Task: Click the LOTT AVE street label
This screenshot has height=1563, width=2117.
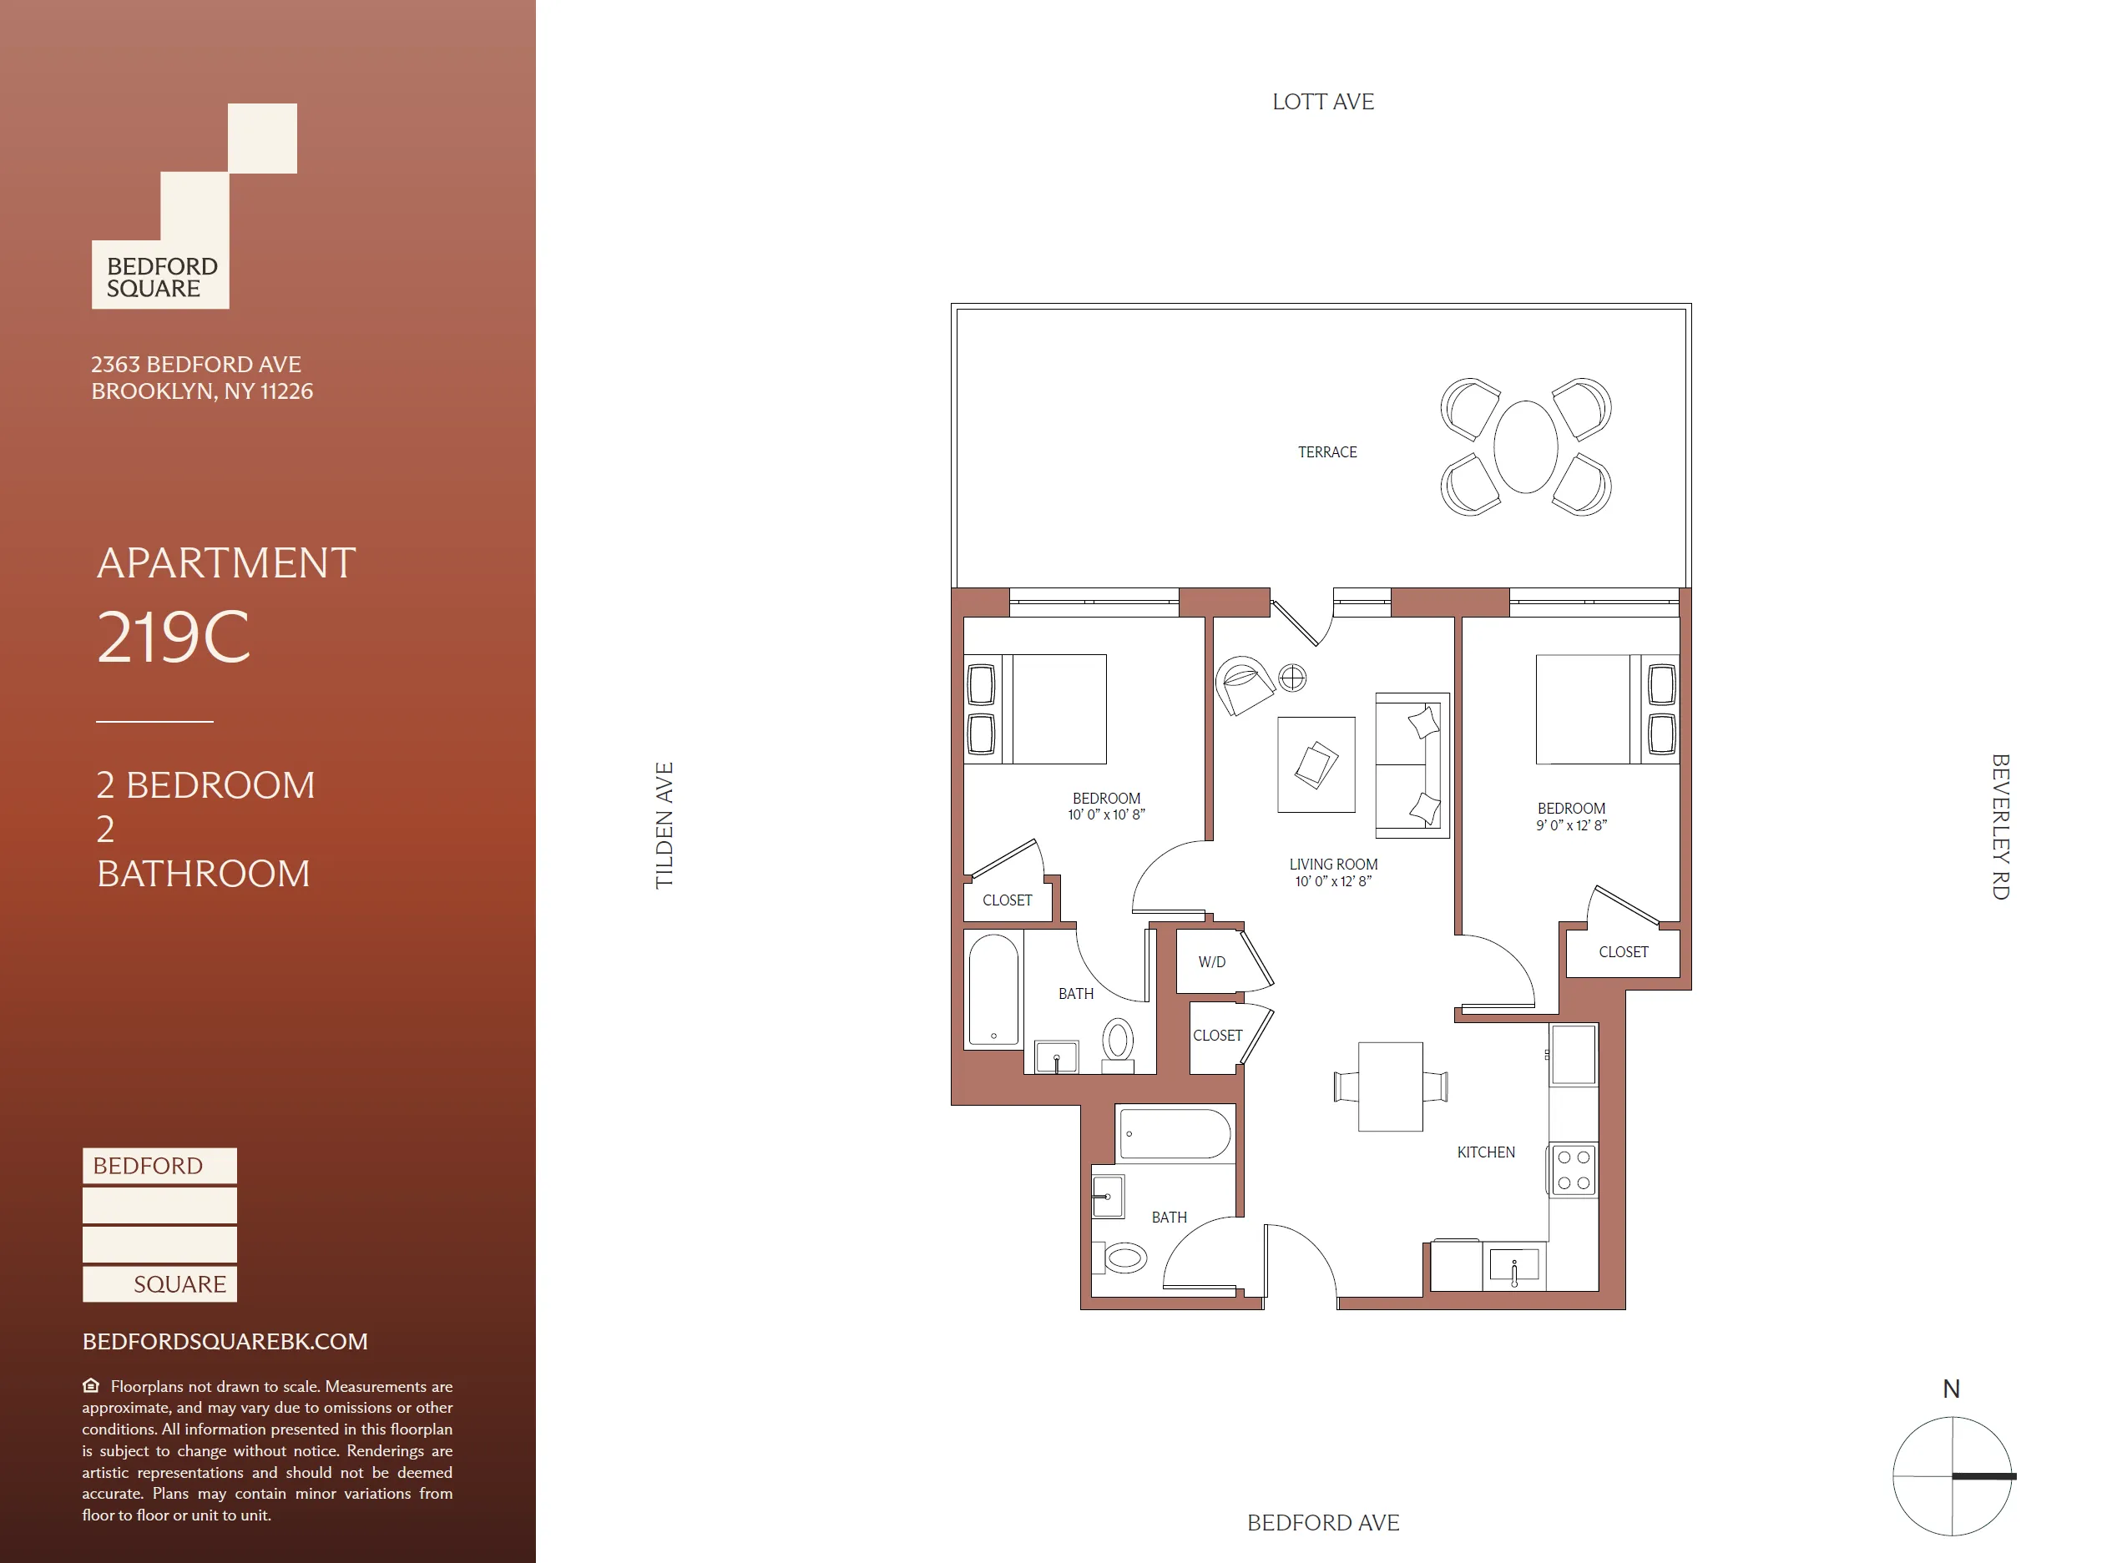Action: [x=1322, y=101]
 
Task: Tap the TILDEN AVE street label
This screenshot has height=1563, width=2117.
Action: [x=664, y=825]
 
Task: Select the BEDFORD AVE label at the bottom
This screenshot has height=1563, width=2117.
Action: [x=1322, y=1522]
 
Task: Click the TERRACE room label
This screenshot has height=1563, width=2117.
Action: [x=1326, y=452]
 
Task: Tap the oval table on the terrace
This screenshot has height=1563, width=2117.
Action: [x=1524, y=446]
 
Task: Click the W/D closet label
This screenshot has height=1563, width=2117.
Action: [x=1211, y=962]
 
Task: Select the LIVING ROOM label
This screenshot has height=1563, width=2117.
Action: [x=1332, y=864]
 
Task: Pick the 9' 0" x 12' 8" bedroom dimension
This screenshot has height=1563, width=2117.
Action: [x=1571, y=825]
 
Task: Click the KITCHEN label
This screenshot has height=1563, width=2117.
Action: [x=1485, y=1152]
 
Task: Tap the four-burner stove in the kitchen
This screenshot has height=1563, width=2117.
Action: [x=1573, y=1170]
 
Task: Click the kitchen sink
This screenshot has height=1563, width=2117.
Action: [x=1513, y=1265]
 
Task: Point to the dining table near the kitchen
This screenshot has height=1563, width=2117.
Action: [x=1389, y=1087]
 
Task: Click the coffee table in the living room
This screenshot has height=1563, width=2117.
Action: [x=1316, y=764]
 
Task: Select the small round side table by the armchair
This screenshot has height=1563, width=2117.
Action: [x=1291, y=678]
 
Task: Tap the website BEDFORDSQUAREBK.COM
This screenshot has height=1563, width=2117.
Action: [x=225, y=1342]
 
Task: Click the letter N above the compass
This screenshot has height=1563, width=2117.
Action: [x=1950, y=1389]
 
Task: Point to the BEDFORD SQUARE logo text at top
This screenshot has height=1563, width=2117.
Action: [x=161, y=277]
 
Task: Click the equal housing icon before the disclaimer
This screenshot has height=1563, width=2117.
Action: [x=91, y=1385]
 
